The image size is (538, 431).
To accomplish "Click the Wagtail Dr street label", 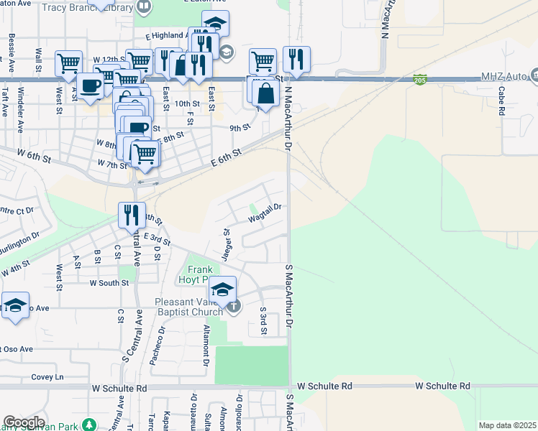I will point(264,211).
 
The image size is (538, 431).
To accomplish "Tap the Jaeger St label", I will point(226,244).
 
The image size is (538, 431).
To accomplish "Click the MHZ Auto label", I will point(503,75).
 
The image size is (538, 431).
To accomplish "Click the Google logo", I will point(23,422).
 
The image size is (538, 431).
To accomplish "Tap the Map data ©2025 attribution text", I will point(506,425).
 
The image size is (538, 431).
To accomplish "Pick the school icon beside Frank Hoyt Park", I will point(223,289).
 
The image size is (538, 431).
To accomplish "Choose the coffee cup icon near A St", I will point(91,85).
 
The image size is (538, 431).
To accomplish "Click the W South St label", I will point(109,283).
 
